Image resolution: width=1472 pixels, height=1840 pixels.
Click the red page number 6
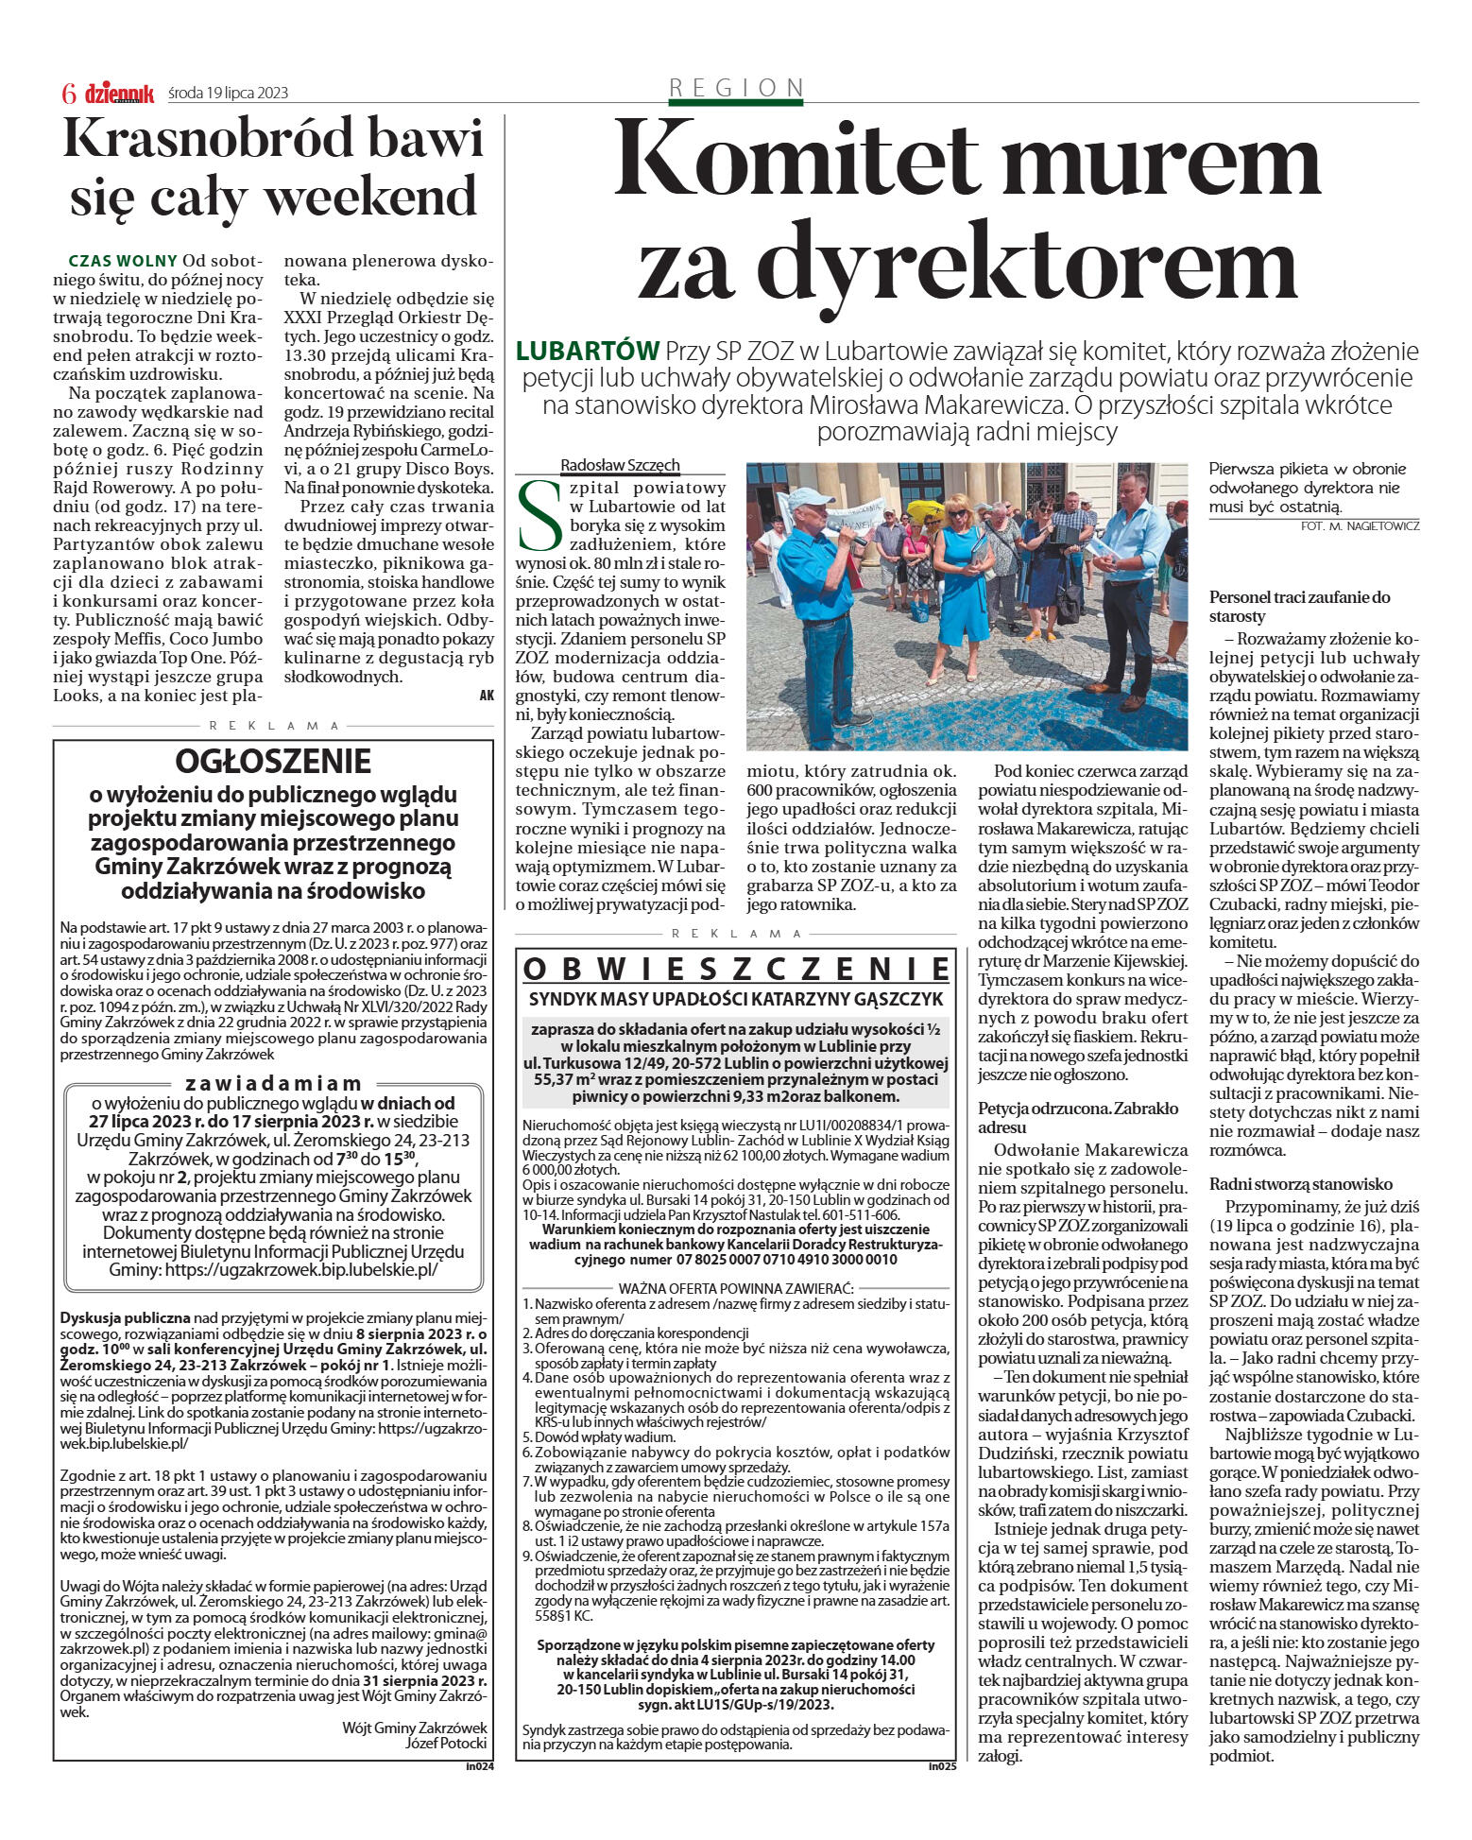click(x=68, y=93)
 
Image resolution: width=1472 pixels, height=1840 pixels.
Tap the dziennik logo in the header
click(x=119, y=93)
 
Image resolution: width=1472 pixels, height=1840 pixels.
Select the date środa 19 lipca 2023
click(x=228, y=93)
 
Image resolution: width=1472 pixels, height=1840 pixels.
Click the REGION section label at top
click(x=736, y=88)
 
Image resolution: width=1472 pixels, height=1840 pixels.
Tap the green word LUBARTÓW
click(x=587, y=352)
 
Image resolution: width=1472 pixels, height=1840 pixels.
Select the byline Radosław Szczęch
click(x=620, y=465)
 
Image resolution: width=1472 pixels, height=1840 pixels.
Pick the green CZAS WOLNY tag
click(x=123, y=261)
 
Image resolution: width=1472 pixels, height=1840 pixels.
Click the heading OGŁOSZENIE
click(x=273, y=761)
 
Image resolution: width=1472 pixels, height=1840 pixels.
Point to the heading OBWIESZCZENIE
click(x=736, y=970)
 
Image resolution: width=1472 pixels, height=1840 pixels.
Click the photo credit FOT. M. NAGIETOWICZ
click(x=1360, y=526)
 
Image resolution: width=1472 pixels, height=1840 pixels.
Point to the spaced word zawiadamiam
click(x=273, y=1083)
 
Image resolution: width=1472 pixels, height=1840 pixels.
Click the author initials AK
click(x=487, y=695)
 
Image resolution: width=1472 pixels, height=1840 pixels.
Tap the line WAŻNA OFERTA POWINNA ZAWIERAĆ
click(x=736, y=1288)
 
